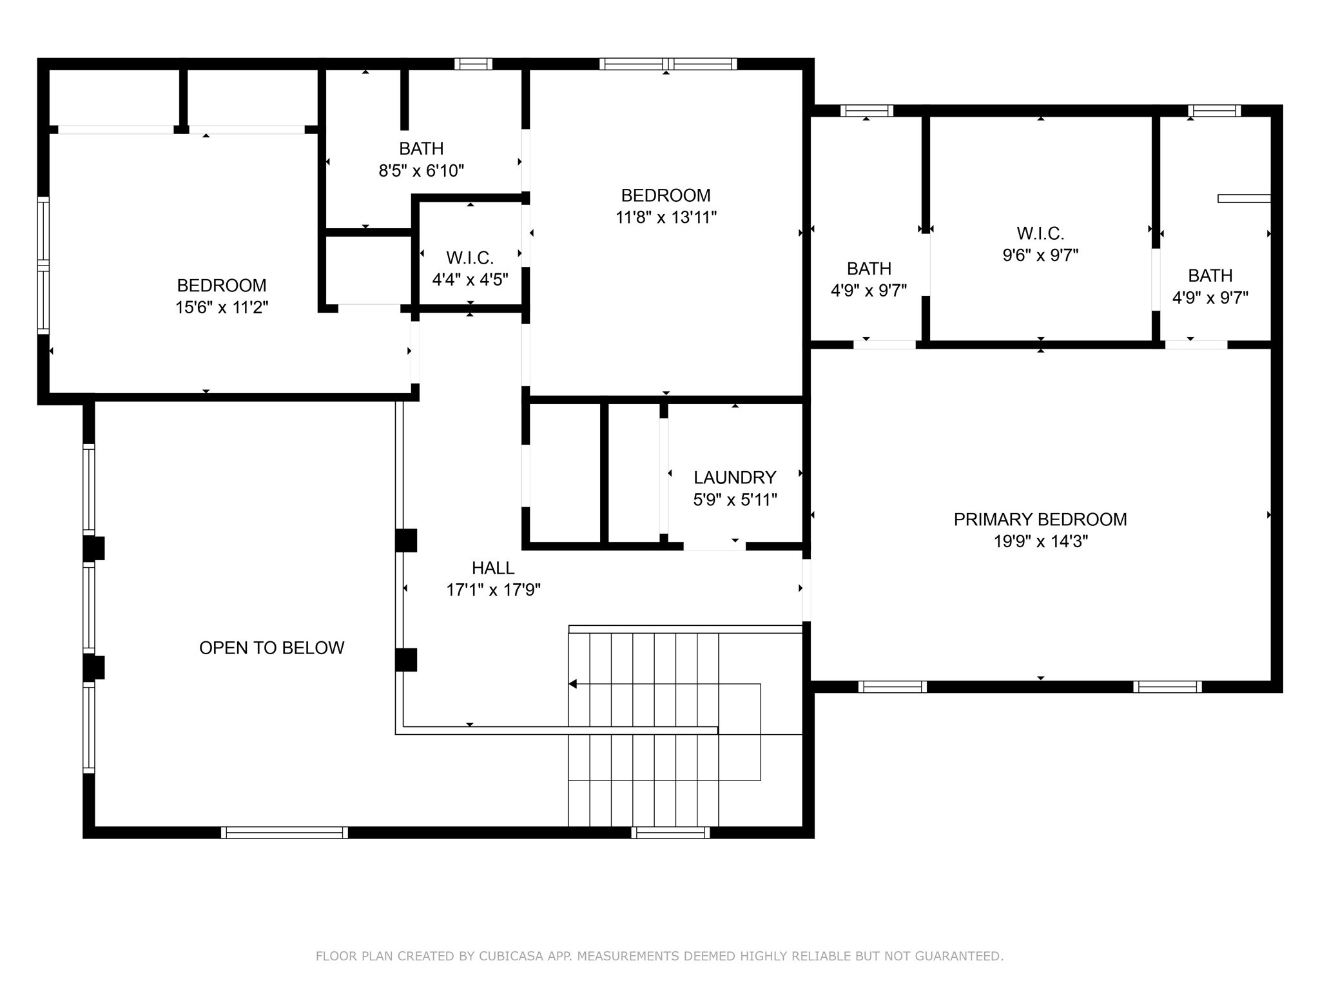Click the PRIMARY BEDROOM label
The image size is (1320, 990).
pyautogui.click(x=1040, y=519)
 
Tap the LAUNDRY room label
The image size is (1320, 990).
pyautogui.click(x=734, y=477)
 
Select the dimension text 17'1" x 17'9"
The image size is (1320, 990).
pyautogui.click(x=493, y=590)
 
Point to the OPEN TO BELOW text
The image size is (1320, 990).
pyautogui.click(x=271, y=648)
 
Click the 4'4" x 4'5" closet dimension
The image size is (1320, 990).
pyautogui.click(x=470, y=280)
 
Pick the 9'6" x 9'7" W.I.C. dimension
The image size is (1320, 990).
pyautogui.click(x=1040, y=255)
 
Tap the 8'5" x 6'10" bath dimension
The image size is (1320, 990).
pyautogui.click(x=421, y=171)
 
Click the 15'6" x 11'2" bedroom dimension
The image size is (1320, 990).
pyautogui.click(x=222, y=307)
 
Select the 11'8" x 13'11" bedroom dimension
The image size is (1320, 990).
pyautogui.click(x=666, y=217)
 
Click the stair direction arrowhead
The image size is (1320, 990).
pyautogui.click(x=572, y=684)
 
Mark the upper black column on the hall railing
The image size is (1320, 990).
pyautogui.click(x=406, y=540)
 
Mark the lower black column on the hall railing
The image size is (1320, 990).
pyautogui.click(x=406, y=659)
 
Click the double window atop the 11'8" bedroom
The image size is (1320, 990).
pyautogui.click(x=668, y=64)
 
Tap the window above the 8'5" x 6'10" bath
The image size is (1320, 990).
pyautogui.click(x=473, y=64)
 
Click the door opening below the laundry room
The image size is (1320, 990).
pyautogui.click(x=714, y=547)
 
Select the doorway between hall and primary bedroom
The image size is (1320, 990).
pyautogui.click(x=806, y=590)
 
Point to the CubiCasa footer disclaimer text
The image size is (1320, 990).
pyautogui.click(x=659, y=956)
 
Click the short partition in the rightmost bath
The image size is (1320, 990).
pyautogui.click(x=1243, y=199)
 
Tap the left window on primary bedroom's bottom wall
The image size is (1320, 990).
pyautogui.click(x=892, y=687)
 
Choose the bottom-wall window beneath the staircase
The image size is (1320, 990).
pyautogui.click(x=670, y=832)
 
